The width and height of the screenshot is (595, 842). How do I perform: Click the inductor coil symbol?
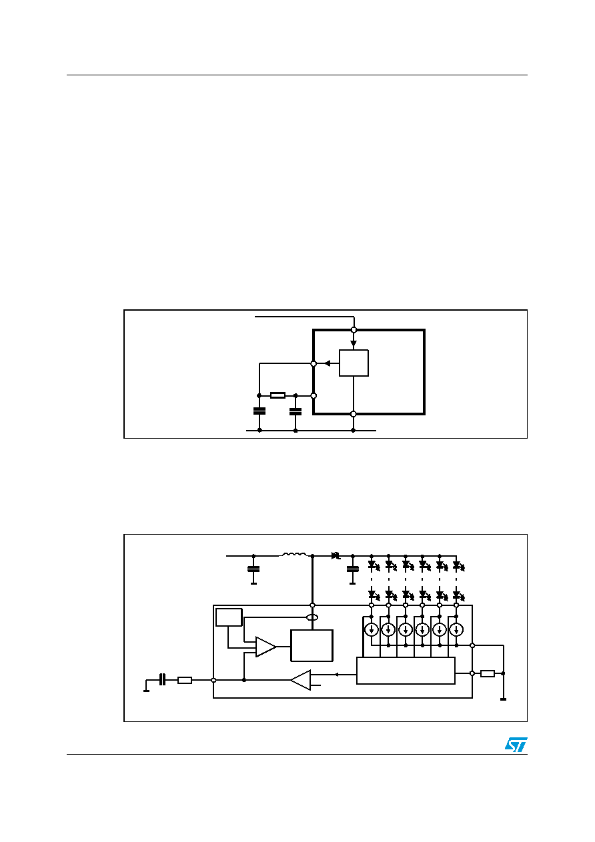293,554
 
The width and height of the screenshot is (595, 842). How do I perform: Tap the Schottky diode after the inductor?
336,555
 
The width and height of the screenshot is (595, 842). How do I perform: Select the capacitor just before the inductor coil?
253,569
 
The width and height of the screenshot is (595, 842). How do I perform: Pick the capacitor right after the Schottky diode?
353,569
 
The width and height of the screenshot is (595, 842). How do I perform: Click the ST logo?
516,745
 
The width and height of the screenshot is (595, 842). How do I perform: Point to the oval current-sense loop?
312,618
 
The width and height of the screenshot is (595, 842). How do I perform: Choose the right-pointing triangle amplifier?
265,647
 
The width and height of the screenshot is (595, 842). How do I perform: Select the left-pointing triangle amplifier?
301,680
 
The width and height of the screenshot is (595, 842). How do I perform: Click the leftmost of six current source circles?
372,629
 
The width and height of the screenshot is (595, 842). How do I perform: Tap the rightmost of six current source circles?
456,629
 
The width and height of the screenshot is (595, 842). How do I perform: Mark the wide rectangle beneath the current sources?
406,671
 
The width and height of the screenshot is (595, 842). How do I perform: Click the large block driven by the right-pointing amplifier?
312,645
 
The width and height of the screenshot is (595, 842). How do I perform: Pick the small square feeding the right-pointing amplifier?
228,617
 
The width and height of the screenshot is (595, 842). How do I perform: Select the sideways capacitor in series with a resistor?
162,680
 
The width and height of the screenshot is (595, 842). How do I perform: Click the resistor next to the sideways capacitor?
185,680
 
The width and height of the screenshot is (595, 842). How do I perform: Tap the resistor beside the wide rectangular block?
488,673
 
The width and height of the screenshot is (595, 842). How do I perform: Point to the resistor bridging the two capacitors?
277,395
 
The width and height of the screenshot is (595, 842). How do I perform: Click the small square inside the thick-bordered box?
354,363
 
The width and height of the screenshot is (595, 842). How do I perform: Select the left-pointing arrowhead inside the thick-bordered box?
328,363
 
